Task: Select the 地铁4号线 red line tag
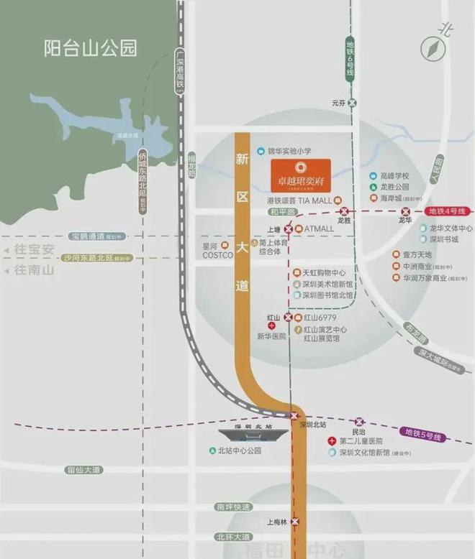[448, 211]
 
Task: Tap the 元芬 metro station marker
[352, 103]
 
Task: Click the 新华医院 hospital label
[272, 336]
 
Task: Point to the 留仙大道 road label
[83, 470]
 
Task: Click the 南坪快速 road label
[233, 507]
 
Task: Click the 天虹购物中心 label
[324, 273]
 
